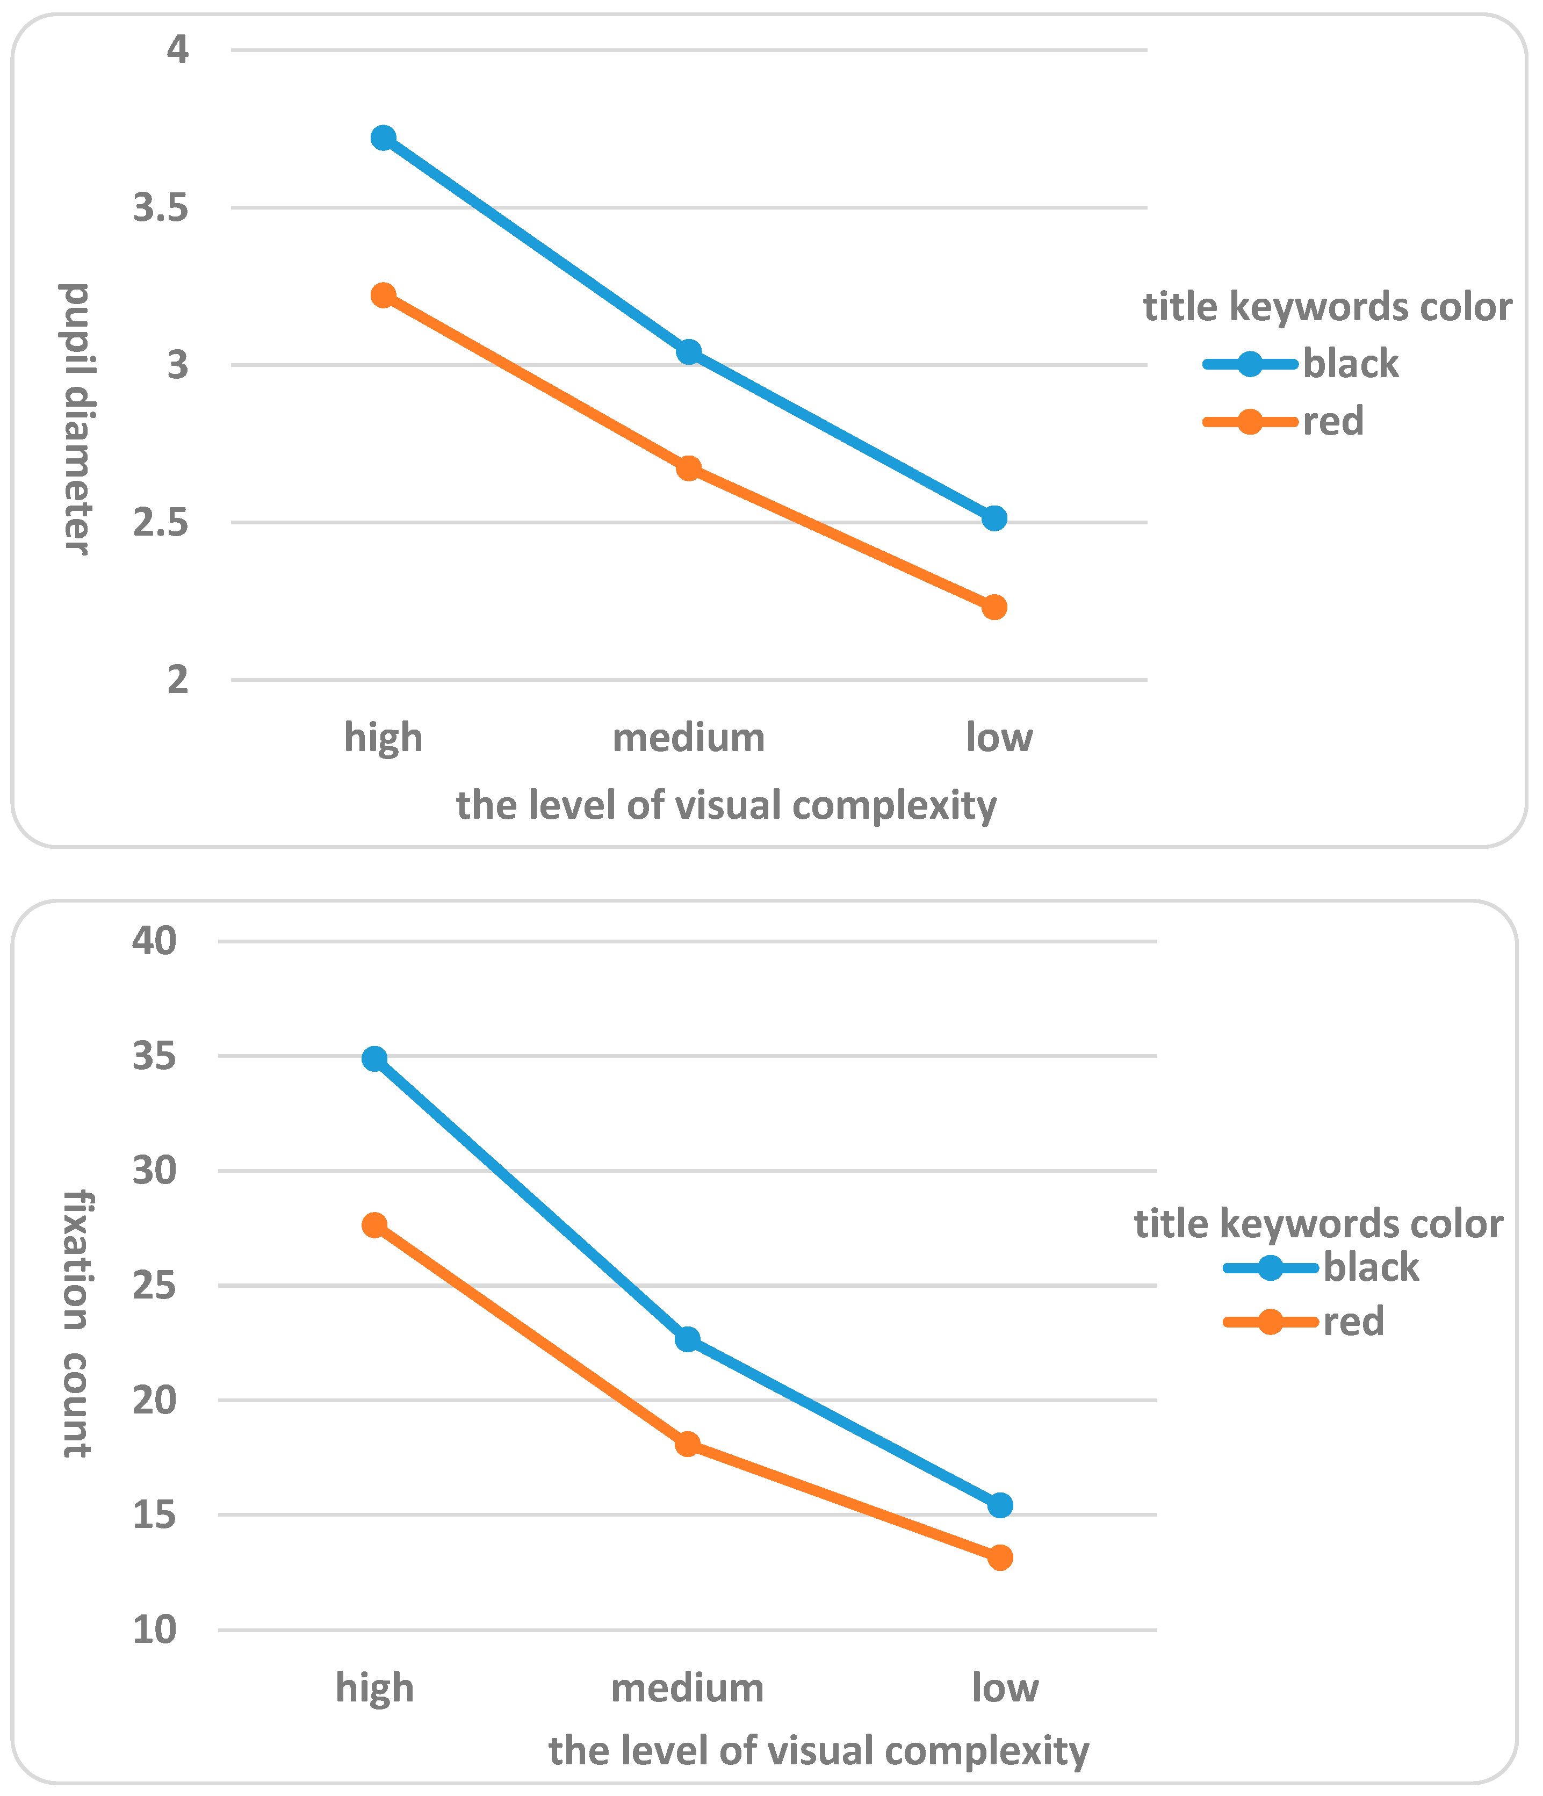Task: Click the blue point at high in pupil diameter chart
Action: point(383,138)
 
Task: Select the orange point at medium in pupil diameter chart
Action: point(688,469)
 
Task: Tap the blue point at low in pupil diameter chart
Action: point(994,518)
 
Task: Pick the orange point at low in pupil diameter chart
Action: point(994,607)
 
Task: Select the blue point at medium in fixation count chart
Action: point(687,1340)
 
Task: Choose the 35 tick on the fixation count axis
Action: point(154,1057)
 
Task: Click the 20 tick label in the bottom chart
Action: point(154,1400)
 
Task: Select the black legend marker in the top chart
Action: point(1249,364)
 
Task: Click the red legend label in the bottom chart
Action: point(1353,1322)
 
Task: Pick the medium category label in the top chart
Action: point(688,738)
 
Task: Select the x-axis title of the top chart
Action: point(726,805)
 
